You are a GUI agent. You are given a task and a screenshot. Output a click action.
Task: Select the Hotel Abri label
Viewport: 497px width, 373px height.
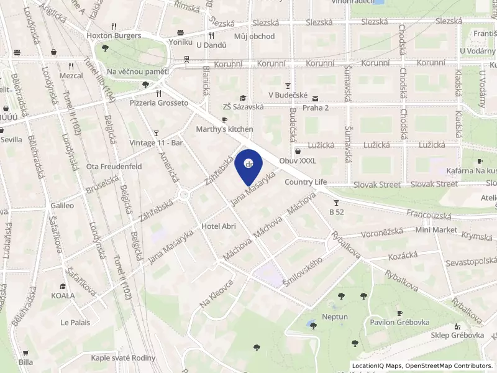[219, 226]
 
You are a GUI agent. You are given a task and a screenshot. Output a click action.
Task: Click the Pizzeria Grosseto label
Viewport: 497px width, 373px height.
[158, 103]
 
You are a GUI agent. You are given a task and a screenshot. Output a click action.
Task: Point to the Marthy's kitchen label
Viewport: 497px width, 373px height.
[224, 129]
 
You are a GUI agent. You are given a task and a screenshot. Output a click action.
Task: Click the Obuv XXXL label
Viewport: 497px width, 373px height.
[298, 161]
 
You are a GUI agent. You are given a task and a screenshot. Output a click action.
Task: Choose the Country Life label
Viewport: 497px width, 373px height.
[305, 182]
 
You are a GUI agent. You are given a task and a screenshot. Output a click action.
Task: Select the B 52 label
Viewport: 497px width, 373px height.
[336, 212]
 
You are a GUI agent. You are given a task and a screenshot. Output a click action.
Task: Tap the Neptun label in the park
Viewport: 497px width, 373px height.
[335, 316]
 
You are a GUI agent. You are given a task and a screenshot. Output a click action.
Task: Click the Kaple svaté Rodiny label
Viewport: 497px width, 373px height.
[123, 357]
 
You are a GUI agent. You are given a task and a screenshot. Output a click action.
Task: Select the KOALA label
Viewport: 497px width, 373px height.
[63, 295]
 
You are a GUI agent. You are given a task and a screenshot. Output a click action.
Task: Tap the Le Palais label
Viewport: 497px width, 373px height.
[75, 322]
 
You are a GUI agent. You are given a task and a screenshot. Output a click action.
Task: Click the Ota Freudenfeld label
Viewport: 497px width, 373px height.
[114, 167]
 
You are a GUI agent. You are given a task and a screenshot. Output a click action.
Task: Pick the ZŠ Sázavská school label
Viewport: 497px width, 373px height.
[244, 107]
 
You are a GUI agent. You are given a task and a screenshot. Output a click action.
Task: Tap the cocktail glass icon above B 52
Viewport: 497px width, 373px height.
[336, 203]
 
